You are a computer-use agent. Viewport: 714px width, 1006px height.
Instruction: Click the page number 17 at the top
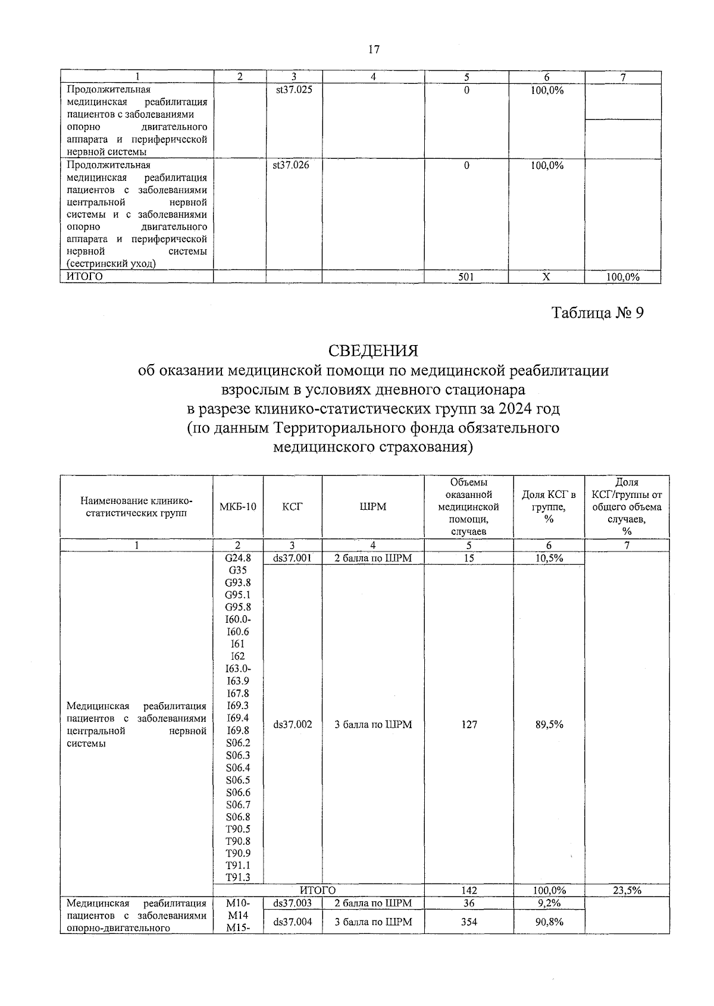point(374,49)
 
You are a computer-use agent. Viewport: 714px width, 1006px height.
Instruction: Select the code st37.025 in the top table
point(292,90)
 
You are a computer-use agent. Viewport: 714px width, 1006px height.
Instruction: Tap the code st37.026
point(291,165)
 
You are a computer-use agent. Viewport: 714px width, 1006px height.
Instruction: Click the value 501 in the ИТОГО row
point(466,277)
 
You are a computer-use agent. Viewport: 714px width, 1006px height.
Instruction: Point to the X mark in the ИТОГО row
point(547,277)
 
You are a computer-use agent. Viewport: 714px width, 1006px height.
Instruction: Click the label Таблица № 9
point(598,313)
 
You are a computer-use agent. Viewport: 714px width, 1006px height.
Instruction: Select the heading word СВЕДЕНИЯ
point(373,350)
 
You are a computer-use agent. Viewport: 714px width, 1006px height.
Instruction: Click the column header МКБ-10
point(237,507)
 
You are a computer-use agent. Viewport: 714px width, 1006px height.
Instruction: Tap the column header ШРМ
point(373,507)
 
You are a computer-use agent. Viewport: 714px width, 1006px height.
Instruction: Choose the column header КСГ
point(293,507)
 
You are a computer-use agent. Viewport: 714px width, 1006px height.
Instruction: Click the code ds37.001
point(293,558)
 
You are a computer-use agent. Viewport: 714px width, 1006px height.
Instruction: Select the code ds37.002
point(293,725)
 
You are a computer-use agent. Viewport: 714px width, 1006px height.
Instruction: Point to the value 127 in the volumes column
point(469,725)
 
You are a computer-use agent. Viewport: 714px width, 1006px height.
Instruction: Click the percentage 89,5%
point(549,725)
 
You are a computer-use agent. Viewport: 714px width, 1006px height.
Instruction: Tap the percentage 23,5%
point(627,891)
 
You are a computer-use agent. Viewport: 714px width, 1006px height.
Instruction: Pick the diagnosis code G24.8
point(237,558)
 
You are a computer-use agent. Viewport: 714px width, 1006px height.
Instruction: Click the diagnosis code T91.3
point(237,877)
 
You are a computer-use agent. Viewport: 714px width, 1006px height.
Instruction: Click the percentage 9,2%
point(549,903)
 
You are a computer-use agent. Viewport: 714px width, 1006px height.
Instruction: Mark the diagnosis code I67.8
point(237,693)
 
